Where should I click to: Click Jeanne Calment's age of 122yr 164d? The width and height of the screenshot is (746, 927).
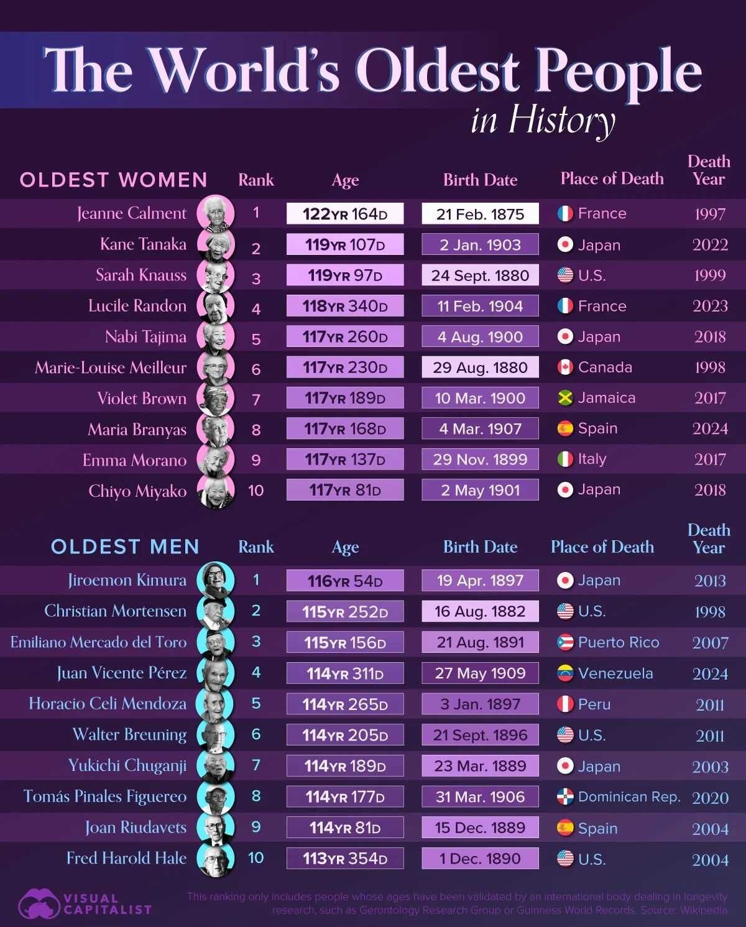point(344,214)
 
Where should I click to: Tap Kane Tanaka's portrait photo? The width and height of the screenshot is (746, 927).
point(216,244)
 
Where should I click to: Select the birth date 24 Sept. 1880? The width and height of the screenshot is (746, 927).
point(480,275)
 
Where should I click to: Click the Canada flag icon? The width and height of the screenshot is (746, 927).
point(564,367)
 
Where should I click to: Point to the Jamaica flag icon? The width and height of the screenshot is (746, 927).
point(564,398)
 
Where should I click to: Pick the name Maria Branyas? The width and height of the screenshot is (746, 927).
point(137,429)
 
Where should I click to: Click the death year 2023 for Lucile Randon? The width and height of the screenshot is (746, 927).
point(710,306)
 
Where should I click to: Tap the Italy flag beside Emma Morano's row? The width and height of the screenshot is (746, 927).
point(564,459)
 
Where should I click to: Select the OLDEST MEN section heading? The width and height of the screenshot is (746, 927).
point(125,547)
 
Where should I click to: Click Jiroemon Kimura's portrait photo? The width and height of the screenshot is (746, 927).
point(216,580)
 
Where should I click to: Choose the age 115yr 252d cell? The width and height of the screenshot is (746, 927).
point(344,612)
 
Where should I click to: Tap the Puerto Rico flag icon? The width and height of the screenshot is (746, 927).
point(564,642)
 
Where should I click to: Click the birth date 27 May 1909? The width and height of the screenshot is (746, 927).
point(480,673)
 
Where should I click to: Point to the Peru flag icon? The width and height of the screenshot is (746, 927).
point(564,704)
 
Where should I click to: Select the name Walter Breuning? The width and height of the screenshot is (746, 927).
point(129,735)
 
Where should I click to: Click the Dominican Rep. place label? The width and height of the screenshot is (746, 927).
point(629,797)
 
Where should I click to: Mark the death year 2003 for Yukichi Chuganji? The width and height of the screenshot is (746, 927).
point(710,767)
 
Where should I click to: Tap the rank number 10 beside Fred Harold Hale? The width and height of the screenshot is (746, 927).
point(256,858)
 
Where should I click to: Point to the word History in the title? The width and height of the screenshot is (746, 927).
point(561,120)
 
